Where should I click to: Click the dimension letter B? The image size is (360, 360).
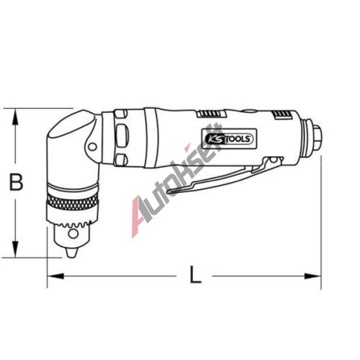16,182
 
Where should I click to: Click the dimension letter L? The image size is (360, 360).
195,274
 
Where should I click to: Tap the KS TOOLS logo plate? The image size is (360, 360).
230,139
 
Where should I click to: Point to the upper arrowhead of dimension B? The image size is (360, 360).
15,117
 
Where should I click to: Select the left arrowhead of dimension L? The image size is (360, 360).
55,276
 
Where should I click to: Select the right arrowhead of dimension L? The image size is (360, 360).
312,276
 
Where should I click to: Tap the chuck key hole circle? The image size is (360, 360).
73,233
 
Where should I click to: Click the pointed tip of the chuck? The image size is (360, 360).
71,253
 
